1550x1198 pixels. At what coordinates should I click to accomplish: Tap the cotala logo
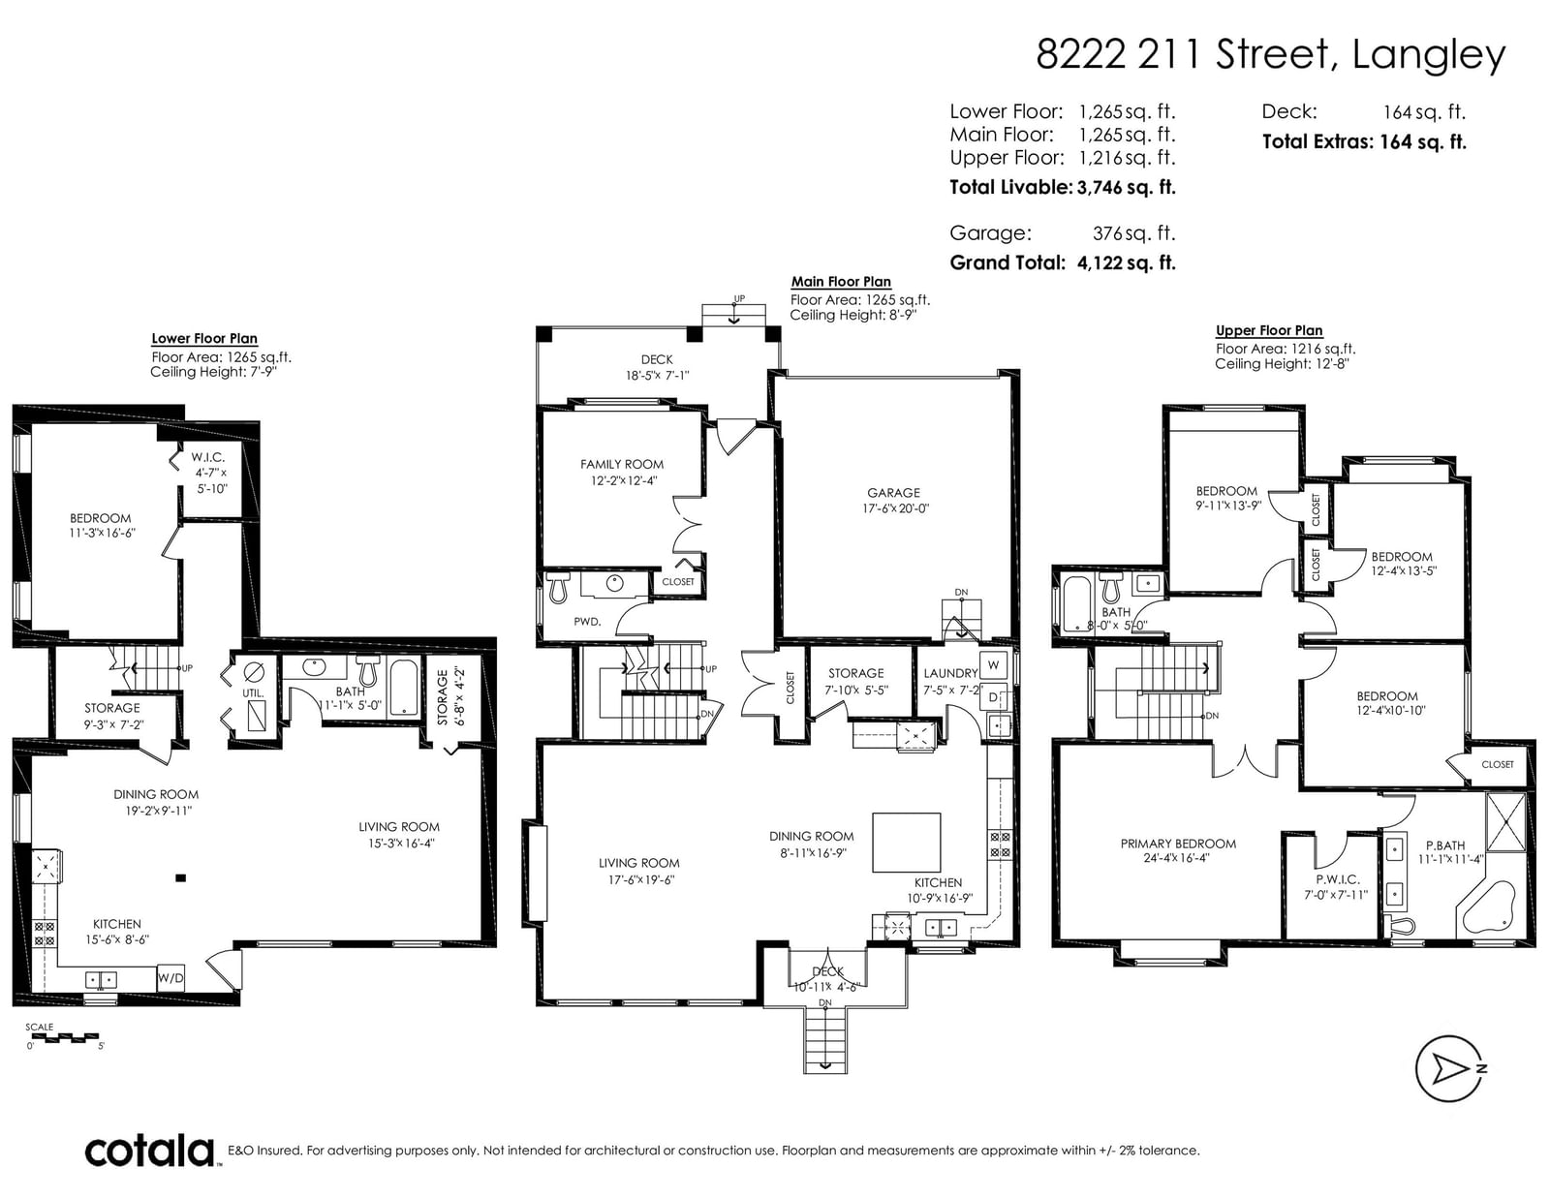tap(150, 1151)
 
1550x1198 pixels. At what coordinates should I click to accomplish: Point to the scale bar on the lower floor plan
tap(64, 1036)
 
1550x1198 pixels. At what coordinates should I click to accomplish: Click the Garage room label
tap(893, 493)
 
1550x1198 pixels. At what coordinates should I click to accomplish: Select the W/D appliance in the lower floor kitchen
tap(170, 977)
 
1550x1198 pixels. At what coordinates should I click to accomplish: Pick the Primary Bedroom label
tap(1178, 844)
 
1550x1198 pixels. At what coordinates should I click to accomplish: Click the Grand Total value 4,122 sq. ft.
tap(1127, 263)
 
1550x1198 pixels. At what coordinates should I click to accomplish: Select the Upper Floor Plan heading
tap(1269, 331)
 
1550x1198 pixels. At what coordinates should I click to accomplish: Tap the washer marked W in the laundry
tap(994, 665)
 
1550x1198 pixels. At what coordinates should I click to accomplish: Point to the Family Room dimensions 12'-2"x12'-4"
tap(624, 480)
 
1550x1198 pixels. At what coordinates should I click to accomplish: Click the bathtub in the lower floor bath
tap(404, 688)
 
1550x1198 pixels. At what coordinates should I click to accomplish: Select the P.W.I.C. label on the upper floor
tap(1338, 879)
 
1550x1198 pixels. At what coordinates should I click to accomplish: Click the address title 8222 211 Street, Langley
tap(1270, 54)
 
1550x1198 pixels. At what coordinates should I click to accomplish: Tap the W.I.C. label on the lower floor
tap(207, 457)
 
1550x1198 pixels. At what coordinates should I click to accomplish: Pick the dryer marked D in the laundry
tap(994, 697)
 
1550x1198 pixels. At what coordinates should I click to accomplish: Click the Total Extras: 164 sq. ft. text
tap(1364, 142)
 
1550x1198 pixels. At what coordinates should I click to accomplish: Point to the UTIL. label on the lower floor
tap(253, 693)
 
